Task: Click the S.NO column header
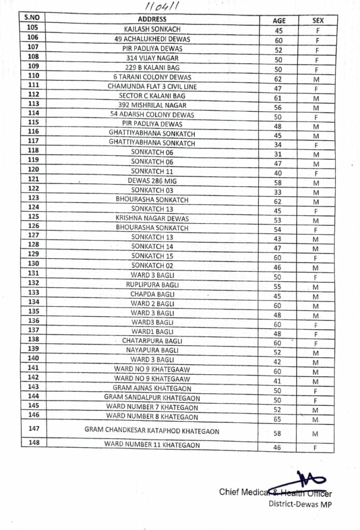tap(32, 17)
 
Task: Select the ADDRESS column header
tap(152, 19)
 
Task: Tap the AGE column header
tap(279, 21)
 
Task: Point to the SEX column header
tap(318, 21)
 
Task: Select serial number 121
tap(33, 179)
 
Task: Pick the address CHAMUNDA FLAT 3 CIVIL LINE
tap(152, 86)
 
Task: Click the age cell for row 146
tap(278, 419)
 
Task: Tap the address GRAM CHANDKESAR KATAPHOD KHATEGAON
tap(152, 431)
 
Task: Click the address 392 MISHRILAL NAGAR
tap(152, 105)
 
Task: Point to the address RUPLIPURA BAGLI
tap(152, 285)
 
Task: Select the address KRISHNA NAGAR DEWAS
tap(152, 218)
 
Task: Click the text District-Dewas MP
tap(300, 503)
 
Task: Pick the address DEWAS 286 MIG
tap(152, 181)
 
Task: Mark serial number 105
tap(32, 27)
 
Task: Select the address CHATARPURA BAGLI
tap(152, 341)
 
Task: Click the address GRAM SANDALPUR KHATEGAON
tap(152, 397)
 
